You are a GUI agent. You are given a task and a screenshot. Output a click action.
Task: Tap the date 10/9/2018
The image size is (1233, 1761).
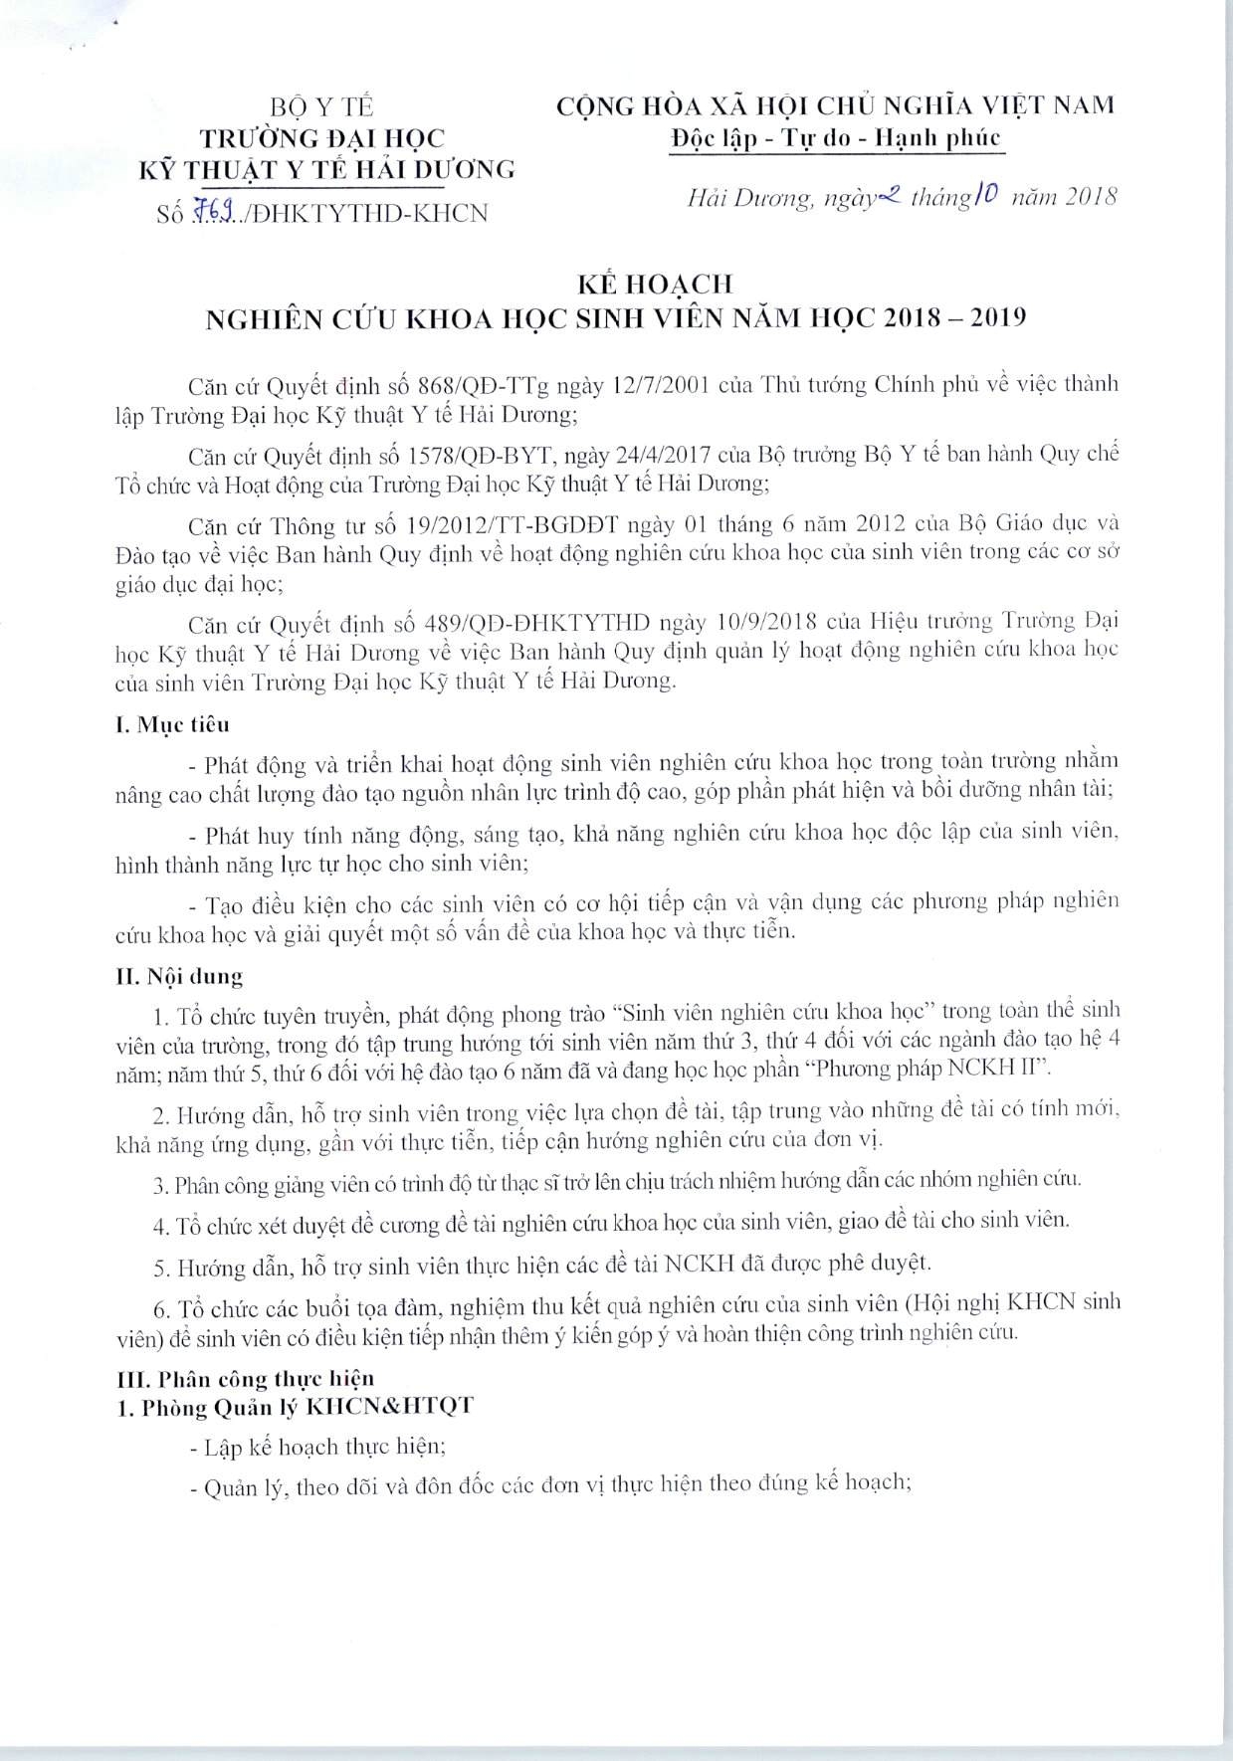pyautogui.click(x=767, y=623)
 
